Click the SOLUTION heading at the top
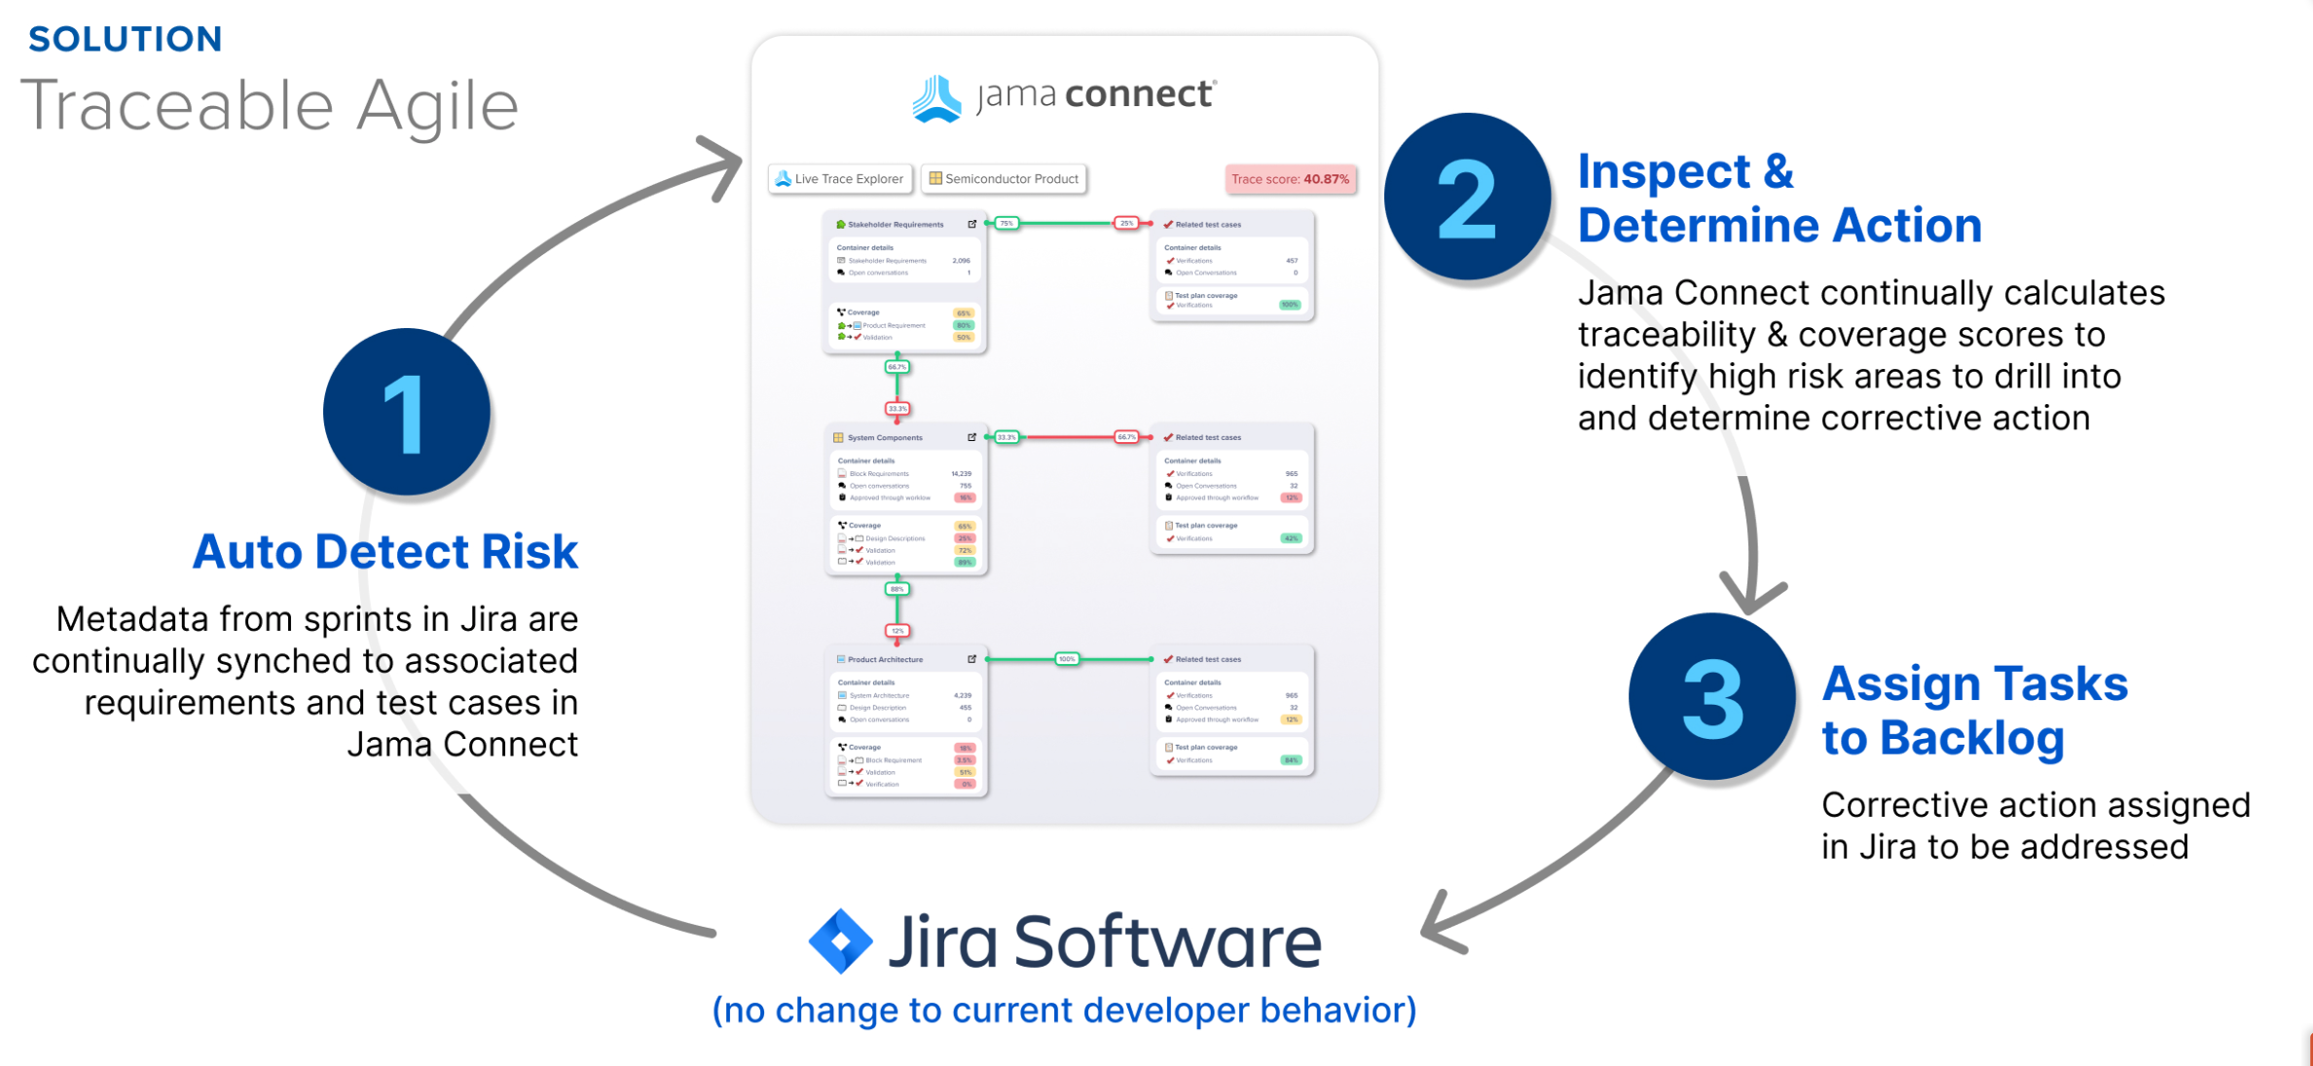(x=126, y=39)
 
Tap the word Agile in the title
(x=437, y=107)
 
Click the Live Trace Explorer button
(x=840, y=179)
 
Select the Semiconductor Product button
(x=1004, y=179)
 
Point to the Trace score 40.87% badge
(x=1290, y=179)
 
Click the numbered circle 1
(x=406, y=412)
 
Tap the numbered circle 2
(x=1467, y=198)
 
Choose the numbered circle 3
(x=1711, y=697)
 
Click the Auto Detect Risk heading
(x=385, y=552)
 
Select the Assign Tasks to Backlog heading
(x=1974, y=711)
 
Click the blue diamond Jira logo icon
(x=840, y=941)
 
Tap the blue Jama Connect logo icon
(x=936, y=98)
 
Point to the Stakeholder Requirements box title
(x=895, y=225)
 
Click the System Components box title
(x=884, y=438)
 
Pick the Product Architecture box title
(x=884, y=660)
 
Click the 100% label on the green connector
(x=1067, y=659)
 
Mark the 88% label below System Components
(x=897, y=589)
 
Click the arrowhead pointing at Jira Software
(x=1441, y=927)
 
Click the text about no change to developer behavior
(x=1064, y=1011)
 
